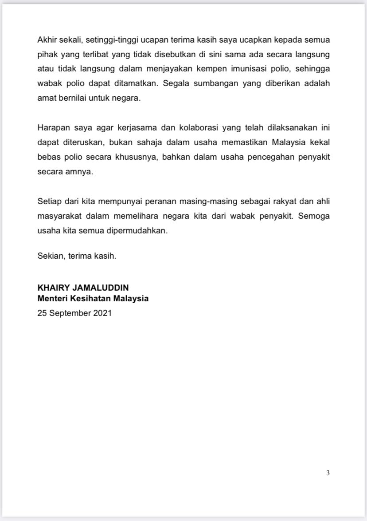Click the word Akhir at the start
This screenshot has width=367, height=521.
click(47, 39)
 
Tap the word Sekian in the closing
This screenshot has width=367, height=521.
click(50, 256)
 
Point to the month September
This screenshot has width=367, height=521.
click(70, 312)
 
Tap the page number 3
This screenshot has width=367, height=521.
click(328, 473)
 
